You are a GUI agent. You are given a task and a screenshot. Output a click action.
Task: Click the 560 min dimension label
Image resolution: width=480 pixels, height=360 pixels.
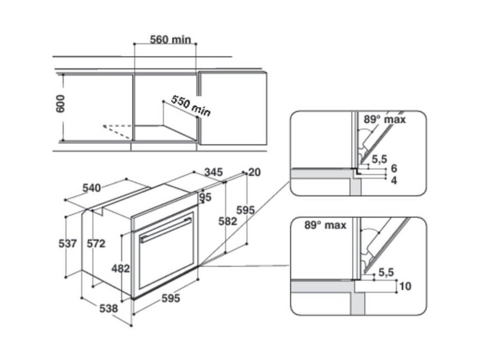[x=170, y=39]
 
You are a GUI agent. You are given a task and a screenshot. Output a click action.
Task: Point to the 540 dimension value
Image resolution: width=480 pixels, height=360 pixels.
[x=92, y=188]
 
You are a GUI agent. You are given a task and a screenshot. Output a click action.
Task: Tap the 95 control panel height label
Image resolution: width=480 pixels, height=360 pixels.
[x=205, y=197]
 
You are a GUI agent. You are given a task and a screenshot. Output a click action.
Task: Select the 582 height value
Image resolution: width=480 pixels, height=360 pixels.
[x=228, y=221]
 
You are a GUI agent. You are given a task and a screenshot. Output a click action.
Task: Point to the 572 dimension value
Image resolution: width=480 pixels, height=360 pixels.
[x=97, y=244]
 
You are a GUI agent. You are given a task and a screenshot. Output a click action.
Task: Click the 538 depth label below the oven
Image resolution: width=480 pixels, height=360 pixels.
[x=108, y=308]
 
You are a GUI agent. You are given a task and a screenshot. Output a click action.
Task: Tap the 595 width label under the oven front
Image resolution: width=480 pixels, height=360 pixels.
[x=170, y=298]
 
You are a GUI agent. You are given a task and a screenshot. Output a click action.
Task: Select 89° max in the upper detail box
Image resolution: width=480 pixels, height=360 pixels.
[x=385, y=120]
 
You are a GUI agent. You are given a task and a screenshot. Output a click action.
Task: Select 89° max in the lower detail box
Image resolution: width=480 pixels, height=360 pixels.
[x=325, y=225]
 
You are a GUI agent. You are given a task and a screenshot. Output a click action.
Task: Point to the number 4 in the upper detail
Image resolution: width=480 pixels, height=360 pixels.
[x=394, y=180]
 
